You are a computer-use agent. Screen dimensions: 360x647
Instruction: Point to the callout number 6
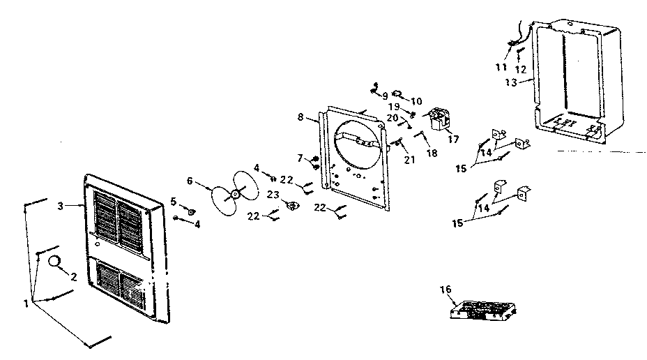190,180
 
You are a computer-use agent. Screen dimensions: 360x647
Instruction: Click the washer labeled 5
190,210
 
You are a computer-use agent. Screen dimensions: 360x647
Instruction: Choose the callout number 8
300,118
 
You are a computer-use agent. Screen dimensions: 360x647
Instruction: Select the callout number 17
455,138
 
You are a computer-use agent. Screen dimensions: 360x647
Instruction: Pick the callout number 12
520,69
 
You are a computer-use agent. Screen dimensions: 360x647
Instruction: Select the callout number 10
416,101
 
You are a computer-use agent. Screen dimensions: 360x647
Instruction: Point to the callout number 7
300,158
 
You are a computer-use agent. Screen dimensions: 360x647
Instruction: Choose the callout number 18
432,153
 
